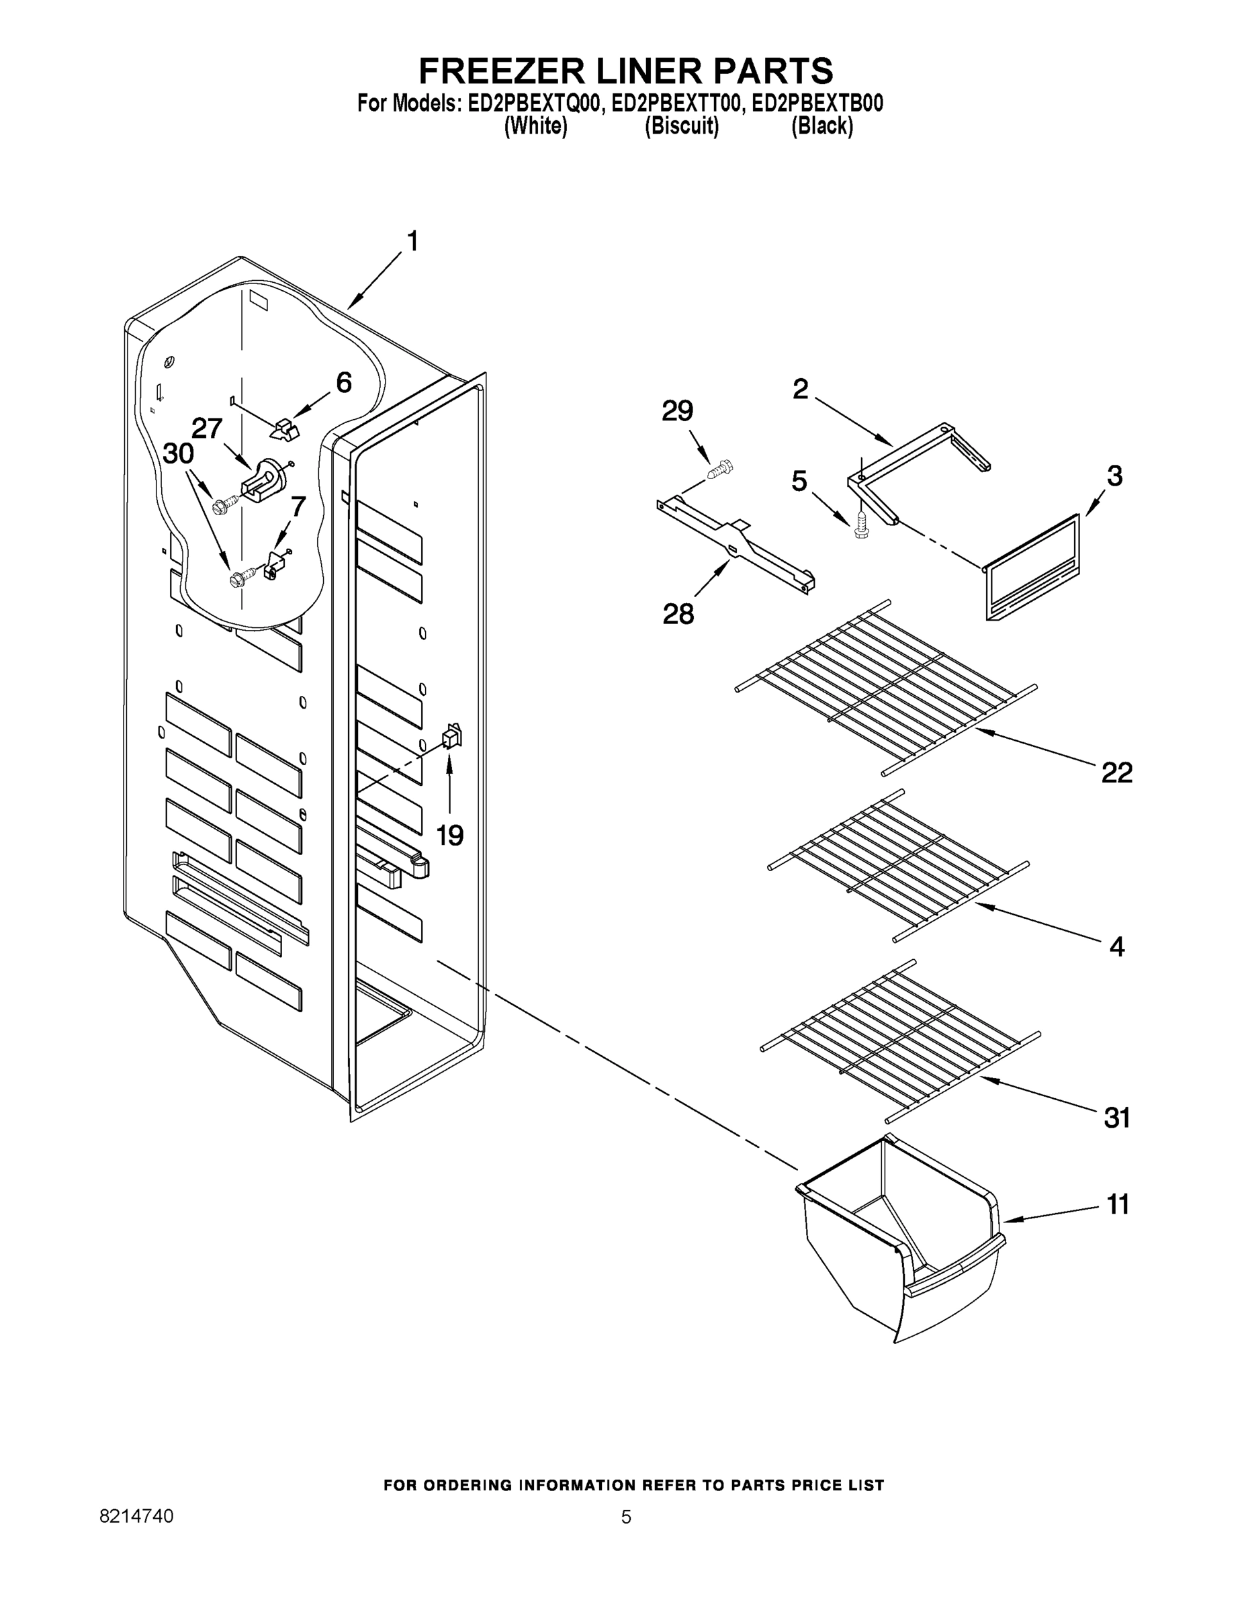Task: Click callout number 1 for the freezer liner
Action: point(412,241)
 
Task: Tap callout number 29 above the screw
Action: point(677,410)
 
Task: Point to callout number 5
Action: point(799,481)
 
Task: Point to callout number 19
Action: point(449,836)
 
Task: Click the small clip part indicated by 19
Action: point(451,736)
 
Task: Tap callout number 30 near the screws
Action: point(178,453)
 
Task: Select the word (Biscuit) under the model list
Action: point(681,126)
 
